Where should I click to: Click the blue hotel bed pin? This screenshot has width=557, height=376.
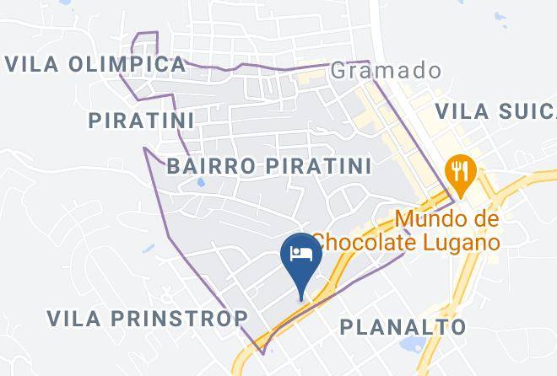[301, 254]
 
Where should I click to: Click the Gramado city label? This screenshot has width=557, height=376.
[386, 70]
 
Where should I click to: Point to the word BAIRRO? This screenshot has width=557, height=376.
[212, 165]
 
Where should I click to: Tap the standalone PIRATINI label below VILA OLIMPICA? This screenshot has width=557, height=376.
[141, 120]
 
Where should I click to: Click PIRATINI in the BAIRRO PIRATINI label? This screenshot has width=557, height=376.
[317, 165]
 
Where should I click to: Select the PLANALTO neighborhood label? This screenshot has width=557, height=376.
[403, 326]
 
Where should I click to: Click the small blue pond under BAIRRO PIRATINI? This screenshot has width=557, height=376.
[200, 182]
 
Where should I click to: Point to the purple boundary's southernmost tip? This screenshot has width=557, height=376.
[262, 353]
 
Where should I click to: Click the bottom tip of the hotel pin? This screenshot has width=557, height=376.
[301, 297]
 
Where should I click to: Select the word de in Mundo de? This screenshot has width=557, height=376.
[484, 219]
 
